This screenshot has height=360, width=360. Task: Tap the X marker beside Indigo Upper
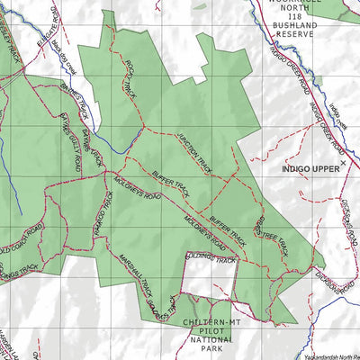click(x=345, y=155)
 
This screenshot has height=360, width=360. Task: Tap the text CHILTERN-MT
click(x=212, y=322)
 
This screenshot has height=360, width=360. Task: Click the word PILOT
click(x=212, y=331)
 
